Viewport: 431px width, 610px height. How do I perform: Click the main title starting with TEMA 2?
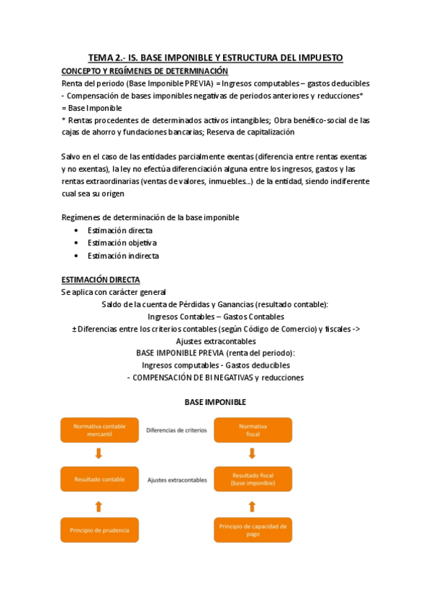pyautogui.click(x=215, y=58)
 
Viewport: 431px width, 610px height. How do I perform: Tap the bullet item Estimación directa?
pyautogui.click(x=120, y=230)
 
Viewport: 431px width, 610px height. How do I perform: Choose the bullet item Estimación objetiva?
pyautogui.click(x=122, y=243)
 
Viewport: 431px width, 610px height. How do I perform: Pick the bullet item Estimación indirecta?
pyautogui.click(x=123, y=255)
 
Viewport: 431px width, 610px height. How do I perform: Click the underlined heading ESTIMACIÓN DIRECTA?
pyautogui.click(x=101, y=279)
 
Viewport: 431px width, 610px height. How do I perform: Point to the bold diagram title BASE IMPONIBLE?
pyautogui.click(x=216, y=401)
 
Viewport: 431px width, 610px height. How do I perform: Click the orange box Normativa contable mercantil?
pyautogui.click(x=99, y=430)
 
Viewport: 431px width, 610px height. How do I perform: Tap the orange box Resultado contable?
pyautogui.click(x=99, y=479)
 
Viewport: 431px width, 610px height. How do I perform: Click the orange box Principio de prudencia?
pyautogui.click(x=99, y=530)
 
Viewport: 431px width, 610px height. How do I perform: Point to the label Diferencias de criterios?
pyautogui.click(x=176, y=430)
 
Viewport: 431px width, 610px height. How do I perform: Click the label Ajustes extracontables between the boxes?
pyautogui.click(x=177, y=479)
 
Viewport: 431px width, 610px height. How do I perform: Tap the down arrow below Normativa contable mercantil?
pyautogui.click(x=99, y=454)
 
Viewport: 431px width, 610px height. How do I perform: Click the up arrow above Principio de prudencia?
pyautogui.click(x=99, y=506)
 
